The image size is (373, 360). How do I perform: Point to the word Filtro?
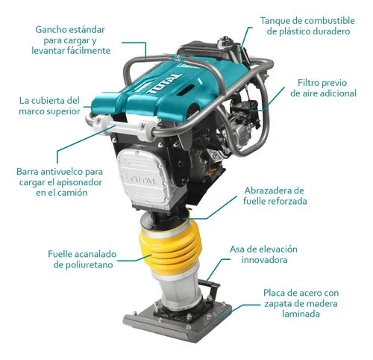coord(311,82)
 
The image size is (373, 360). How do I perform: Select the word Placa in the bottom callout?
coord(276,293)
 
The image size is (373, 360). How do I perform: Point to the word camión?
coord(87,193)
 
